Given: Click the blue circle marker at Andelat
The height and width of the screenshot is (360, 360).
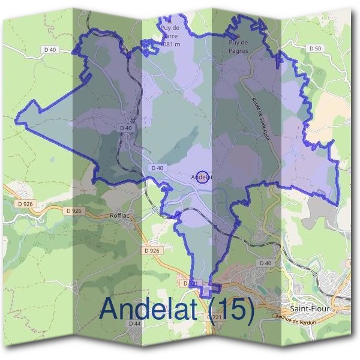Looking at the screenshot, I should point(203,176).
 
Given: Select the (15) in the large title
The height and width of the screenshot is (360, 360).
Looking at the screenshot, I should point(231,309).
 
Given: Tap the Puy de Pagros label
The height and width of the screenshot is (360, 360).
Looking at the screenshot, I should point(239,47).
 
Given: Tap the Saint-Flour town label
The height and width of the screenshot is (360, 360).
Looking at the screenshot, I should point(309,308).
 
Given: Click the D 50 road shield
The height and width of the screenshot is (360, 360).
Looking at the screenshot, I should point(314,48).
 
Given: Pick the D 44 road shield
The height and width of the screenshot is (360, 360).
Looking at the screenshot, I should point(134,323).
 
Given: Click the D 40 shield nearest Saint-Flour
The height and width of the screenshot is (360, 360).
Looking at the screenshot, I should point(265,263).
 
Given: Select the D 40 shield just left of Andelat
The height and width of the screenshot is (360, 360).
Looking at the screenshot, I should point(157,168).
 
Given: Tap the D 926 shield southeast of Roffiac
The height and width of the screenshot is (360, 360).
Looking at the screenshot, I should point(152,250).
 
